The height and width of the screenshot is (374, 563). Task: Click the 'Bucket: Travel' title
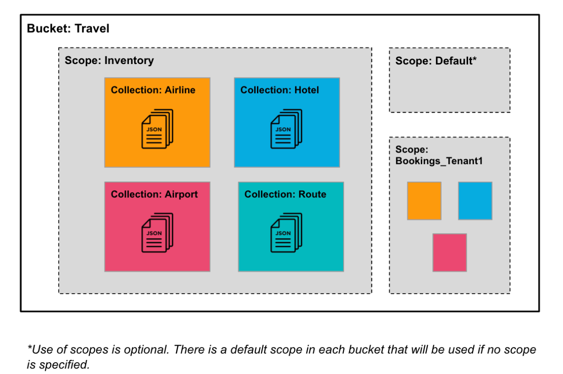pyautogui.click(x=68, y=29)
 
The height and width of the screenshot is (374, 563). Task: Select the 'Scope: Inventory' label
pyautogui.click(x=109, y=60)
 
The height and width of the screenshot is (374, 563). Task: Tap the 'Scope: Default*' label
pyautogui.click(x=436, y=60)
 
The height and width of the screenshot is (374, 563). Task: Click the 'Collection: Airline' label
pyautogui.click(x=153, y=90)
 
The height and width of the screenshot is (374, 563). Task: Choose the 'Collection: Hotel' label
pyautogui.click(x=280, y=90)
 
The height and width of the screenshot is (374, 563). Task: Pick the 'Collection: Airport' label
pyautogui.click(x=154, y=194)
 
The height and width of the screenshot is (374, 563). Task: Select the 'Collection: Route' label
pyautogui.click(x=285, y=194)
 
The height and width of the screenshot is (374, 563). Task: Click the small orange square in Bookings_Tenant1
pyautogui.click(x=424, y=201)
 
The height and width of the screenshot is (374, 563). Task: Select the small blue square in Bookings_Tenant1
pyautogui.click(x=475, y=201)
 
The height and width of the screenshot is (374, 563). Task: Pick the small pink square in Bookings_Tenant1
pyautogui.click(x=449, y=252)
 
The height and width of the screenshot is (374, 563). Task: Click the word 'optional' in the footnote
pyautogui.click(x=148, y=350)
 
